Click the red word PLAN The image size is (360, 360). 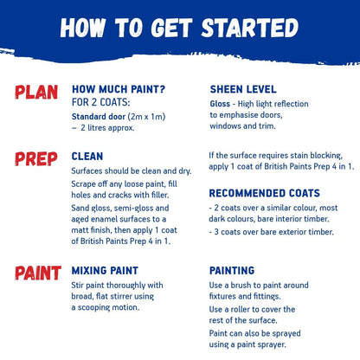[36, 93]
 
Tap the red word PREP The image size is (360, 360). [36, 158]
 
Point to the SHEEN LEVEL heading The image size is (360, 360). [243, 89]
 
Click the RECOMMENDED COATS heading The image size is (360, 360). [264, 193]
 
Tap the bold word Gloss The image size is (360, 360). [220, 103]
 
